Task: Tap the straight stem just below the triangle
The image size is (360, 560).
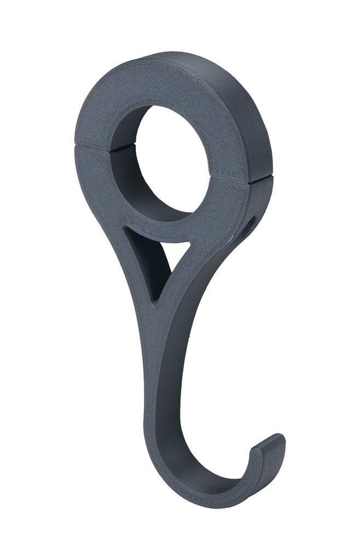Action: coord(159,350)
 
